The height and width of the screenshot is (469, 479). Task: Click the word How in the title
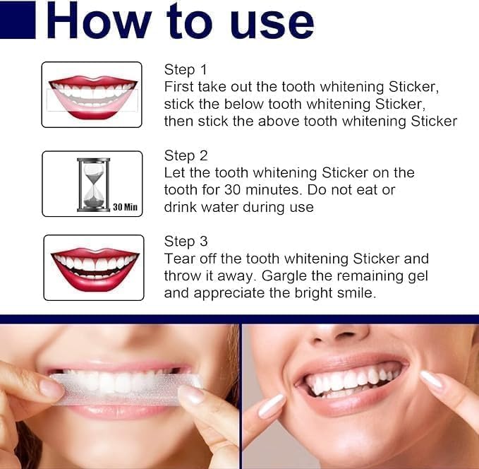[99, 20]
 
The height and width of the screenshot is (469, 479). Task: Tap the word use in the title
[272, 25]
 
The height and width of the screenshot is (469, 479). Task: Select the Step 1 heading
[186, 70]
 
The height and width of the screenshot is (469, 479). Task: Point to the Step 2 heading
[186, 155]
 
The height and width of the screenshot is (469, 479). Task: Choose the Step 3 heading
[186, 242]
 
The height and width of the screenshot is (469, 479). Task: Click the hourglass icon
[93, 184]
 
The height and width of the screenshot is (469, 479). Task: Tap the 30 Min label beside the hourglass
[126, 207]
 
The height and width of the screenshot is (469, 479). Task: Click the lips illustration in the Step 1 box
[92, 97]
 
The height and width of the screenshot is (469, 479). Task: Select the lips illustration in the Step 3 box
[95, 269]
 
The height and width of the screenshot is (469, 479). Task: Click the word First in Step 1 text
[178, 87]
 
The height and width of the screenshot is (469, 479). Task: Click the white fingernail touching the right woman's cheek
[271, 405]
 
